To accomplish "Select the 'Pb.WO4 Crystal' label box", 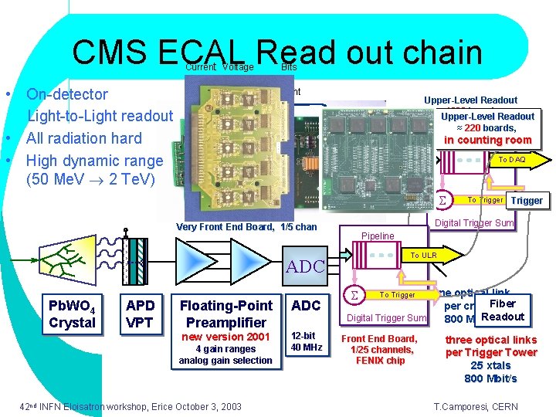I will coord(72,314).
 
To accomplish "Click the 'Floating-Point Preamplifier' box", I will coord(225,314).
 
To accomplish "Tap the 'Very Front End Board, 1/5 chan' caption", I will coord(246,227).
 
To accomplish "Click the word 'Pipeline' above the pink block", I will coord(378,236).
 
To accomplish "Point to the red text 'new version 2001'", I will coord(225,337).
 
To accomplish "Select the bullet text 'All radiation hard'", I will coord(84,138).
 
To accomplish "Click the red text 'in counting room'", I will coord(488,140).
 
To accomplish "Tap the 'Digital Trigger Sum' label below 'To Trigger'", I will coord(387,318).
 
